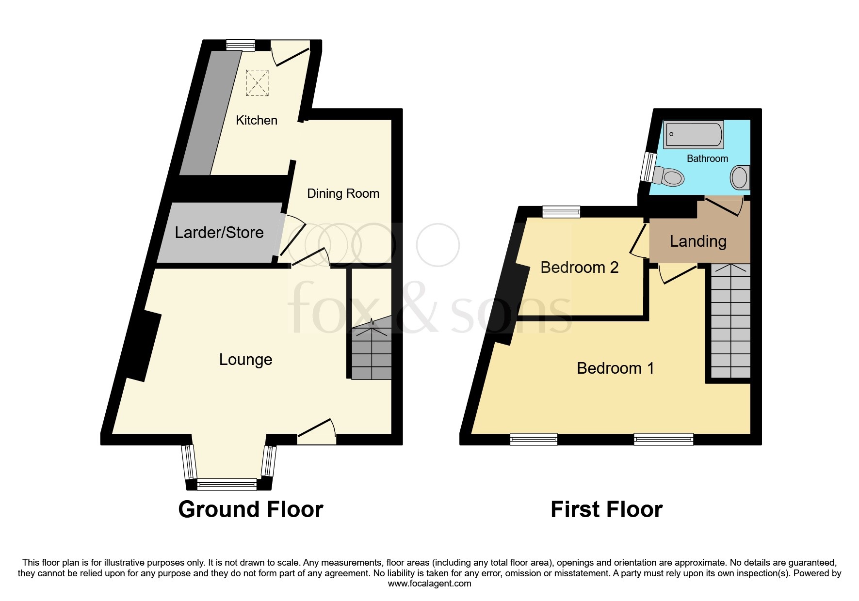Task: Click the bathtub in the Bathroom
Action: pyautogui.click(x=694, y=134)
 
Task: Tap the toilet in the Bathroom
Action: pyautogui.click(x=669, y=176)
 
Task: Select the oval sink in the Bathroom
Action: pyautogui.click(x=740, y=177)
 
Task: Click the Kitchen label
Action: pyautogui.click(x=257, y=120)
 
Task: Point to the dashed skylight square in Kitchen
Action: pyautogui.click(x=257, y=82)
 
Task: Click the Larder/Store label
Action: pyautogui.click(x=219, y=233)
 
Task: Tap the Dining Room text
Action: pyautogui.click(x=343, y=193)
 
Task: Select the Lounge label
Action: pyautogui.click(x=245, y=360)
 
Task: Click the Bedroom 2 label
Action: pyautogui.click(x=579, y=268)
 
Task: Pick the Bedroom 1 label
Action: pyautogui.click(x=615, y=368)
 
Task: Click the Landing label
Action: pyautogui.click(x=698, y=241)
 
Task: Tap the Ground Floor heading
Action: pyautogui.click(x=250, y=509)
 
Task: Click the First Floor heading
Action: pyautogui.click(x=606, y=509)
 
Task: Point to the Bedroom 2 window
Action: pyautogui.click(x=561, y=211)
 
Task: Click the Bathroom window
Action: pyautogui.click(x=647, y=167)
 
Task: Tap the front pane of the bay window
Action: pyautogui.click(x=227, y=484)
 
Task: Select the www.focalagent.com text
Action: pyautogui.click(x=429, y=584)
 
